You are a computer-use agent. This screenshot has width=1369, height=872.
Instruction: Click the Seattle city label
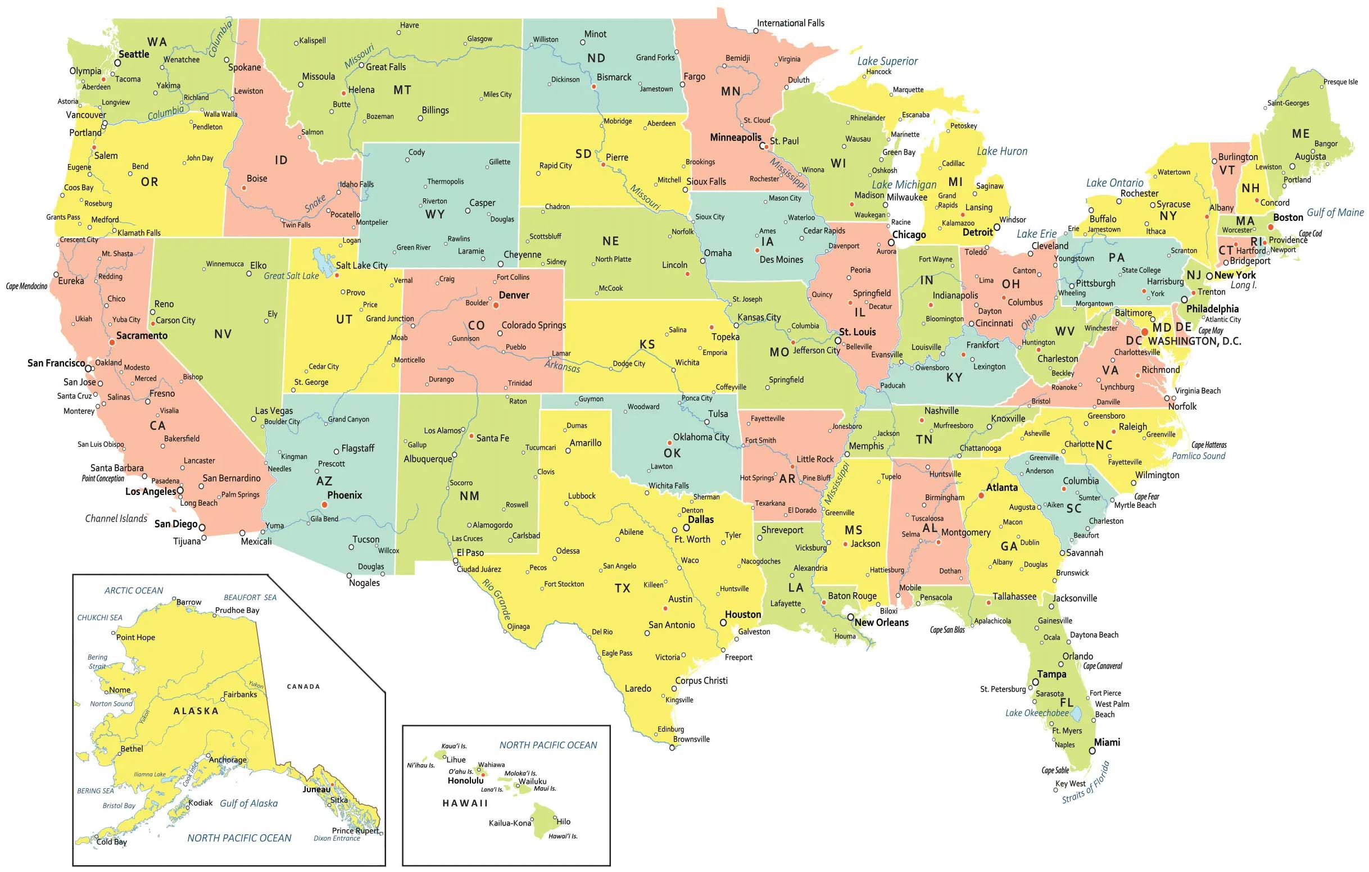134,54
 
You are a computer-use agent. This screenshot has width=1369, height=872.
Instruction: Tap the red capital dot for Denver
496,305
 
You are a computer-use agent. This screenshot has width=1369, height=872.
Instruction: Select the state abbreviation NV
223,334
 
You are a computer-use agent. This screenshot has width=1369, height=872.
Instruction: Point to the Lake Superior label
887,61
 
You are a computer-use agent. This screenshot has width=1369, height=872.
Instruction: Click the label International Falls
790,23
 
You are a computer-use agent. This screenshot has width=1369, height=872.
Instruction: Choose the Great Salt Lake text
291,276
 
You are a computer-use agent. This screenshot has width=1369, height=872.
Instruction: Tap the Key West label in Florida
1071,783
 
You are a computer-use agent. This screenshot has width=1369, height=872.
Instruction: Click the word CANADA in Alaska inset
303,687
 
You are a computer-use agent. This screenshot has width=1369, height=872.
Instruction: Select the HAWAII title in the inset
465,803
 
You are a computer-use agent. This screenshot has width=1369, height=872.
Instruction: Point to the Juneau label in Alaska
316,789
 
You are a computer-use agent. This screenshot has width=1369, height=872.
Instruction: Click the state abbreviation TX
623,588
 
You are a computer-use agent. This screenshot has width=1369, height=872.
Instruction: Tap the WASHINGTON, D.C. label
1194,341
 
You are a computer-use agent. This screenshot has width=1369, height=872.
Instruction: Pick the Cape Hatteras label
1209,445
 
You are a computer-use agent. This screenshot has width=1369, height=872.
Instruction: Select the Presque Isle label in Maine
1340,82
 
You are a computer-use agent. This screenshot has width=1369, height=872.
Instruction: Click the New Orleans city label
881,623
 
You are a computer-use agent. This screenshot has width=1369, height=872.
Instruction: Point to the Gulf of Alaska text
248,803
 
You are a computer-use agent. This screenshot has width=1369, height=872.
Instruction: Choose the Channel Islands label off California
116,519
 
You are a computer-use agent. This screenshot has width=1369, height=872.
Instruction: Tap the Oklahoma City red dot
670,442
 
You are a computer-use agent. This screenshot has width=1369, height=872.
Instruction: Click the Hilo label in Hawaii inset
564,821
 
